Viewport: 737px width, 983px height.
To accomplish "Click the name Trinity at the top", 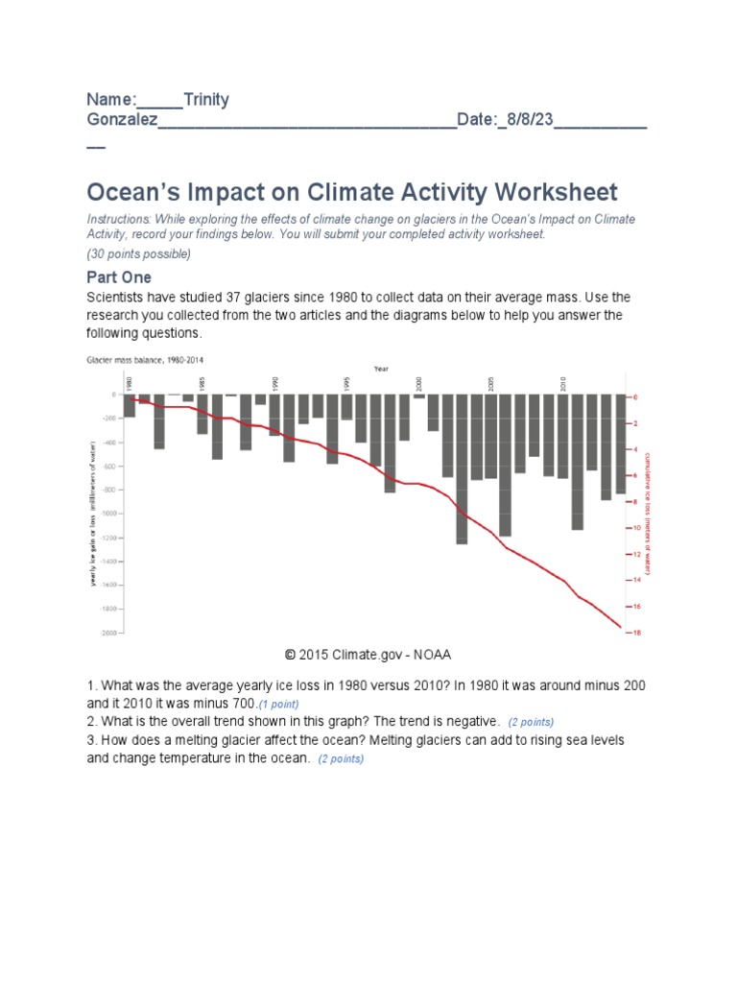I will [205, 100].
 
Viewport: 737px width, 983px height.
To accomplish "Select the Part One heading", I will [119, 276].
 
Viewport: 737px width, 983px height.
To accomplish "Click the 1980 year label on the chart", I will [129, 382].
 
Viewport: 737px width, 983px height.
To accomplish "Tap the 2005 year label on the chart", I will [490, 382].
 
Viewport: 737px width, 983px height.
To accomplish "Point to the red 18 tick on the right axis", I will [634, 633].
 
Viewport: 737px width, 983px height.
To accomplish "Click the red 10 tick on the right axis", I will [634, 528].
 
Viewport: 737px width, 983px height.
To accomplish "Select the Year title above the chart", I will [381, 369].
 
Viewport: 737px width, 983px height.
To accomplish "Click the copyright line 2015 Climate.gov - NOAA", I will [368, 655].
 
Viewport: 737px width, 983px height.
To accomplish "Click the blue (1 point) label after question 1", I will [285, 705].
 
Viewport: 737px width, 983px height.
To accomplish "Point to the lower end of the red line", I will [620, 627].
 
